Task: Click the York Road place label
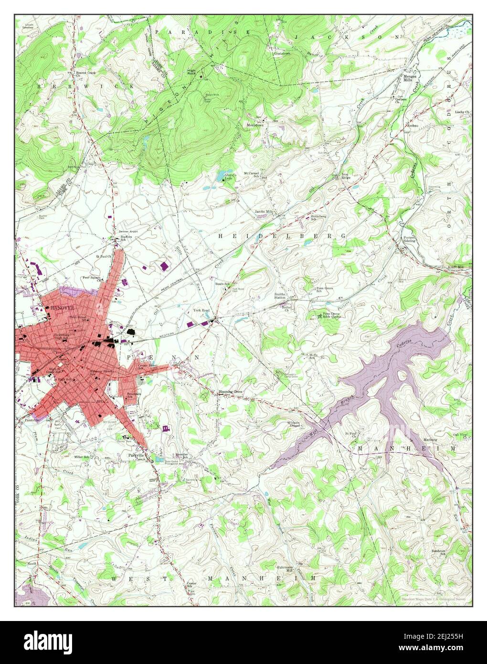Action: [201, 310]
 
